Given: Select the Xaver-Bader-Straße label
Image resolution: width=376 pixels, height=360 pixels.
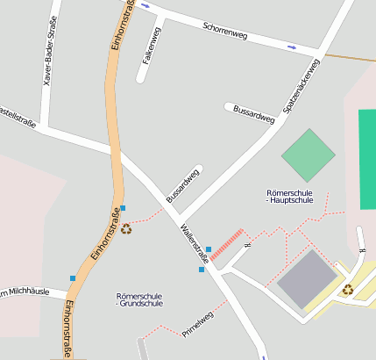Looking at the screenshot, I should (x=51, y=51).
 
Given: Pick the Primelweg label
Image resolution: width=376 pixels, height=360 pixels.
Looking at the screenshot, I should (x=199, y=324).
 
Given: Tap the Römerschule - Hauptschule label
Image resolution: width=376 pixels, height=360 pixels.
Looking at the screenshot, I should (x=289, y=196).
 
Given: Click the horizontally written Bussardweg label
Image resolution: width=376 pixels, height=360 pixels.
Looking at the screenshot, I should (x=254, y=114).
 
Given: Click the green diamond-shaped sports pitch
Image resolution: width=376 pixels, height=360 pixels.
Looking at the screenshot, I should (x=309, y=155).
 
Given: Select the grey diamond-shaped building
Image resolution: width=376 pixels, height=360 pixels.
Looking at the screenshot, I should (x=308, y=278).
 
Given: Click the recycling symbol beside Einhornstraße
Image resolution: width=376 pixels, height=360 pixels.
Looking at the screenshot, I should (x=126, y=229).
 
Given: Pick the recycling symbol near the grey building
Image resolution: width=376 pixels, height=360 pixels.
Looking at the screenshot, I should (x=348, y=289).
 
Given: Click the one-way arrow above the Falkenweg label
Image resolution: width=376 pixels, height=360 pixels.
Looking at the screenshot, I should (x=145, y=6).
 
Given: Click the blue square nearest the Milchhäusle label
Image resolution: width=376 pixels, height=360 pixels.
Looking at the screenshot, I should (x=73, y=278).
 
